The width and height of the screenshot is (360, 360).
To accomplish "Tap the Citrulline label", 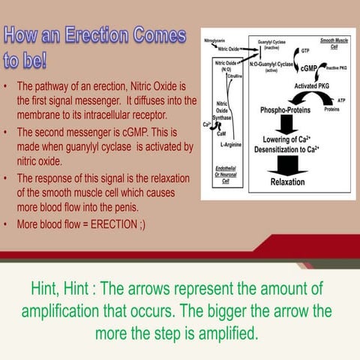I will pos(237,76).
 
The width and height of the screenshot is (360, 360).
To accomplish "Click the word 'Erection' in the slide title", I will pos(94,34).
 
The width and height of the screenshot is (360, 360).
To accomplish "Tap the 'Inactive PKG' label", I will pos(337,67).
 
